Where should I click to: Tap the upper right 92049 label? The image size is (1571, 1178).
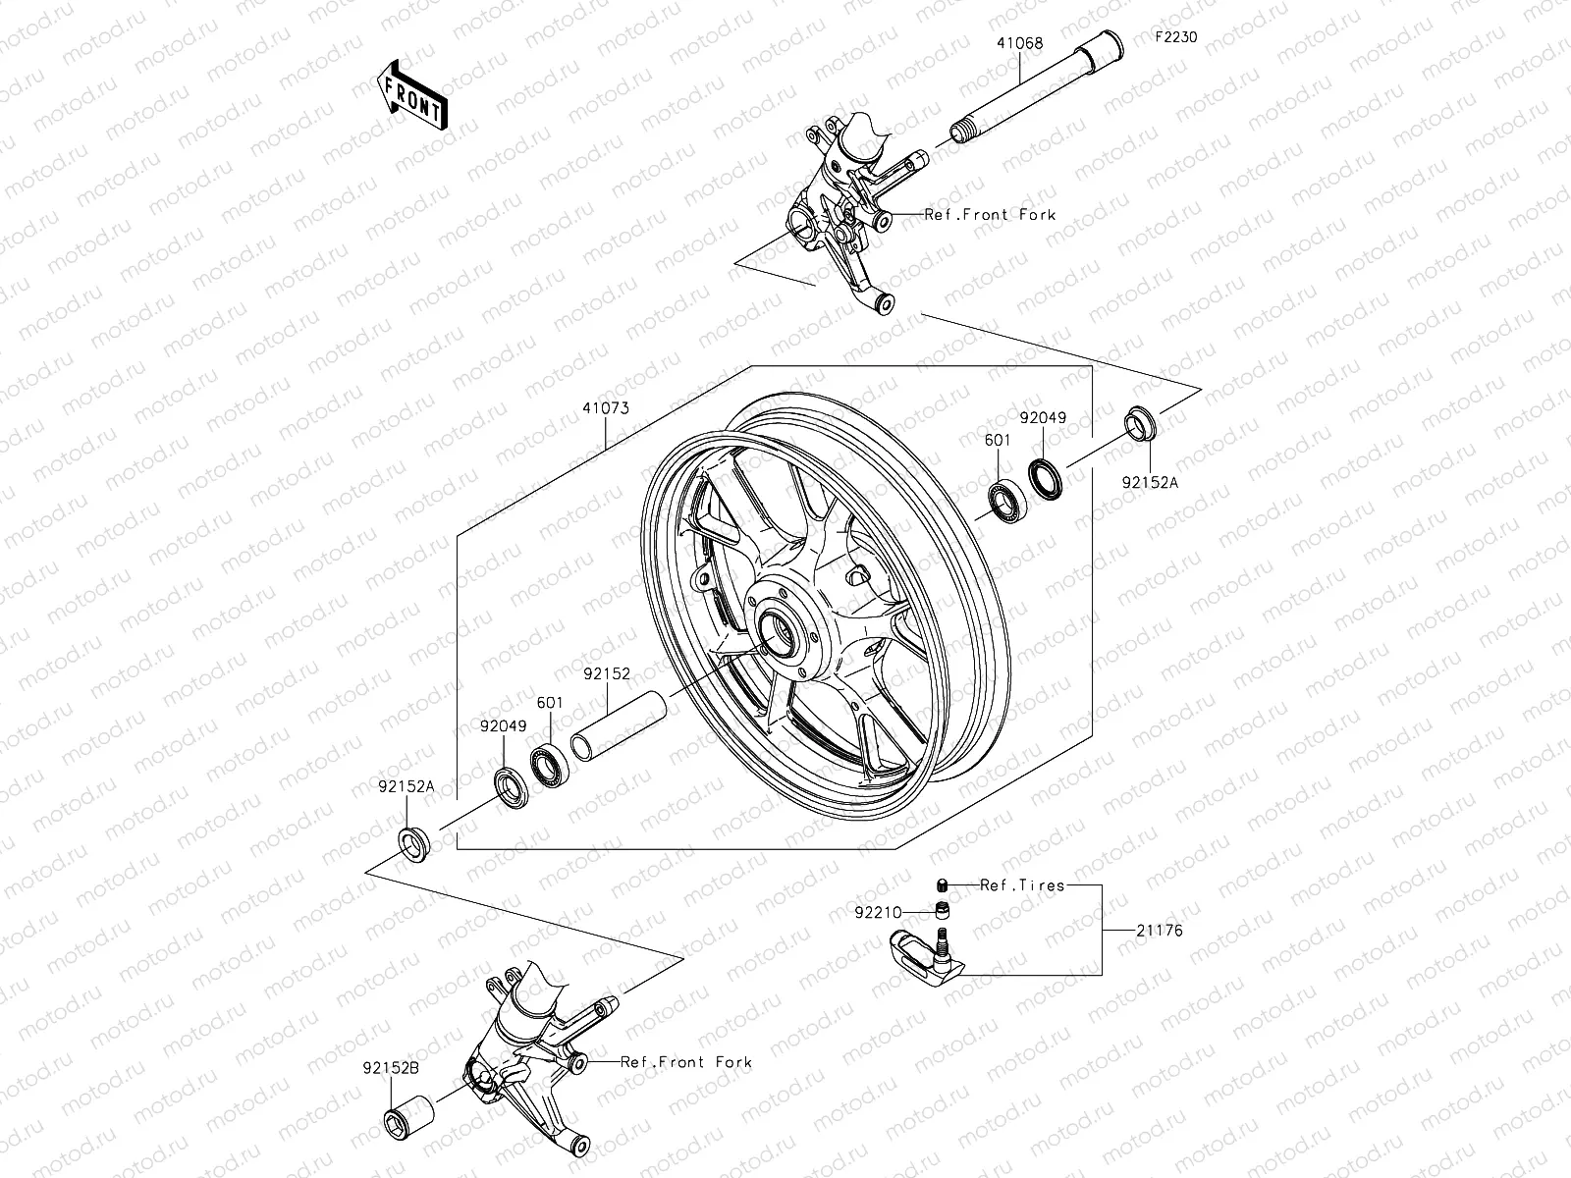1042,417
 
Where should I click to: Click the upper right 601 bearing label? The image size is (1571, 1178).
998,441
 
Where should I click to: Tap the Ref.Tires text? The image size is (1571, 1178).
1021,884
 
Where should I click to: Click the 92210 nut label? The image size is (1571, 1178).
877,912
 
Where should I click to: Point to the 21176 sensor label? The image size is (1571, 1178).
1160,931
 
